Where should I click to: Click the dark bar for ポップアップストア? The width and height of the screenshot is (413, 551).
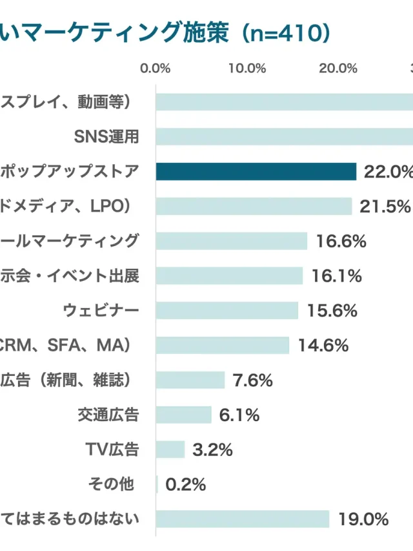256,171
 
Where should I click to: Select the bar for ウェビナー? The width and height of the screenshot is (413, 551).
227,311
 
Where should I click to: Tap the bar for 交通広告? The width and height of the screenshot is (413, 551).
184,415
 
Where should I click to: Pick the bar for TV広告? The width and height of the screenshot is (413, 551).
170,450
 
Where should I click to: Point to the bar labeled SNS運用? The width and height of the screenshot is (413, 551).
284,136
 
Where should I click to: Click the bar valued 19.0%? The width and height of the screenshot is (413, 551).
243,519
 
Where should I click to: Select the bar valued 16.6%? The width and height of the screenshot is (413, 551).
232,241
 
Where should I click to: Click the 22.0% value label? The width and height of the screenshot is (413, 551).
388,171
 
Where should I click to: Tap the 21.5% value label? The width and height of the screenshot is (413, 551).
385,206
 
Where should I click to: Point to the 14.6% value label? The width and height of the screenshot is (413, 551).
323,346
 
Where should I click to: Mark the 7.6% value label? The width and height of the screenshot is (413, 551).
252,380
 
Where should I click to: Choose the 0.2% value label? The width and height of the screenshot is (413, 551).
185,484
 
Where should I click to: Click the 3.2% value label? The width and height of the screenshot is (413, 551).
212,450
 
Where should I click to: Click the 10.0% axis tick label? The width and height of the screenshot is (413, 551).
247,69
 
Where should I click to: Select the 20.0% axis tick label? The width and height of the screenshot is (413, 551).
338,69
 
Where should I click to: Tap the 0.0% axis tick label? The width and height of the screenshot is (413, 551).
156,69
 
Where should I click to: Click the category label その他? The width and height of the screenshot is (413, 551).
110,484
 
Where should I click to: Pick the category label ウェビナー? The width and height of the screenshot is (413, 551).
101,311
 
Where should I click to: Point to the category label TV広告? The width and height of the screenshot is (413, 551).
112,450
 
